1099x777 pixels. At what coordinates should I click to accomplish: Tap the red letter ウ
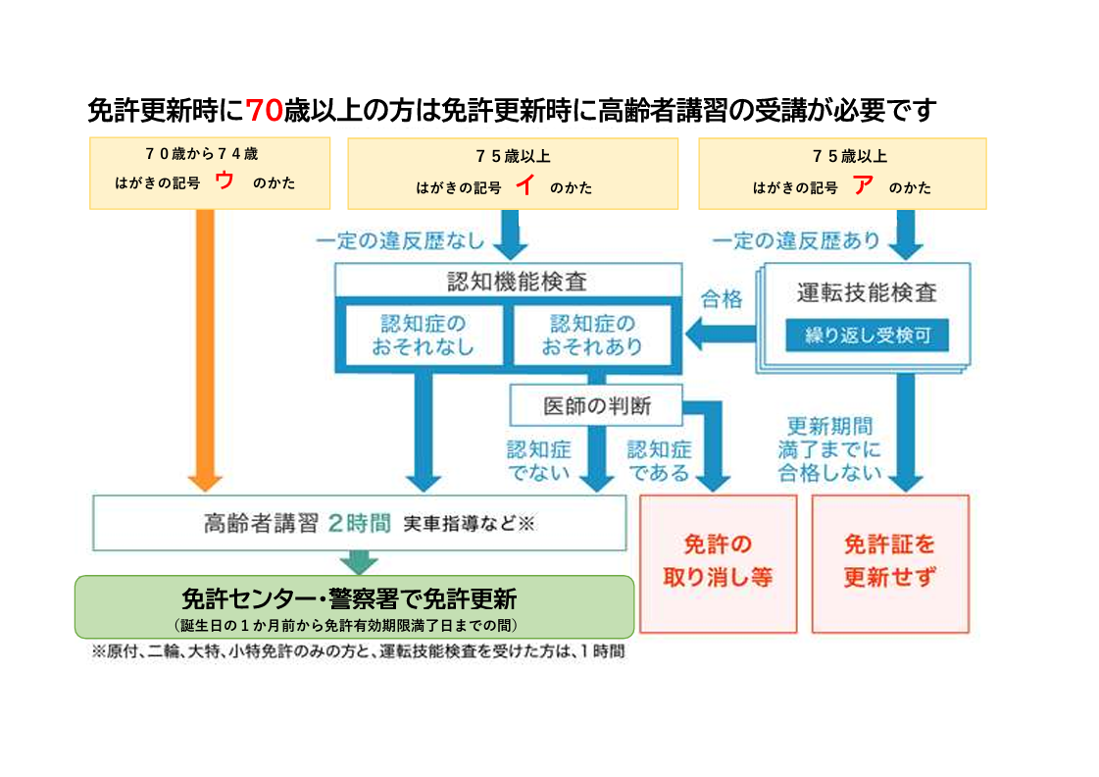pos(225,181)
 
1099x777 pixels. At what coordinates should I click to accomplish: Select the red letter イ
pos(524,186)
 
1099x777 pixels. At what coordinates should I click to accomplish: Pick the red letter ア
pos(863,186)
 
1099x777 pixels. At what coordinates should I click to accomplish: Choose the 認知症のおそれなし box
pos(423,335)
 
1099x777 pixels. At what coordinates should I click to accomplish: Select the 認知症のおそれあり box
pos(592,335)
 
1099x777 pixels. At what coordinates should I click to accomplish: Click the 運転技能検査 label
pos(866,292)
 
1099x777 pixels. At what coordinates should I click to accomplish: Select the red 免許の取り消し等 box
pos(718,562)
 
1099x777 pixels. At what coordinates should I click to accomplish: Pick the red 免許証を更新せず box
pos(889,562)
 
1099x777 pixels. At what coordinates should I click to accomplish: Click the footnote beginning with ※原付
pos(358,650)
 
